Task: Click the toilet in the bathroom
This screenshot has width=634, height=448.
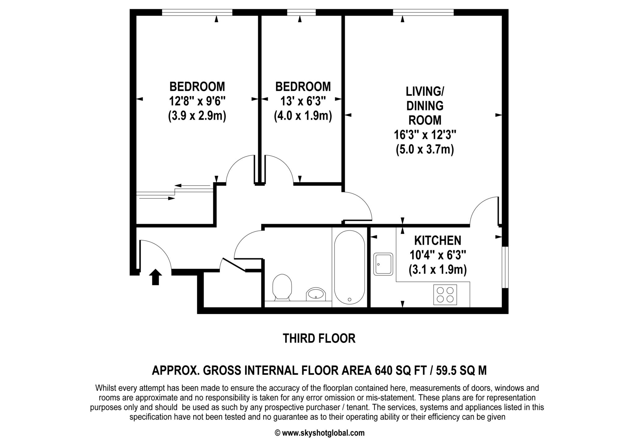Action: (282, 286)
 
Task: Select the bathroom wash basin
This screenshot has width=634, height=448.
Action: (316, 294)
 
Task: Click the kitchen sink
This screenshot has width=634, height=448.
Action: (383, 264)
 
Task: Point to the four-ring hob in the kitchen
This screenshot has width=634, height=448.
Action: (445, 295)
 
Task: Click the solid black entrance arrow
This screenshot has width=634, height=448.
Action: (155, 277)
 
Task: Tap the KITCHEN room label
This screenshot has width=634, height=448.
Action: (438, 240)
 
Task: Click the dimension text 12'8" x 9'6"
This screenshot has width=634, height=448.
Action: (197, 101)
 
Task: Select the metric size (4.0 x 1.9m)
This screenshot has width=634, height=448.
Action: (303, 116)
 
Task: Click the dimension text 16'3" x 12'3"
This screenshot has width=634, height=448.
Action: (425, 135)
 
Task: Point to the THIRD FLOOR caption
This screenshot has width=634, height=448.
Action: (319, 338)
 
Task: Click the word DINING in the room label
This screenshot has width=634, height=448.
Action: (425, 106)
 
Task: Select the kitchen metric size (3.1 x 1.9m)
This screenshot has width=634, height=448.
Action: (438, 270)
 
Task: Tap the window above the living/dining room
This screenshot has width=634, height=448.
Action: (423, 12)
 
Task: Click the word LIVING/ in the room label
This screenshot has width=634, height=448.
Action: (425, 92)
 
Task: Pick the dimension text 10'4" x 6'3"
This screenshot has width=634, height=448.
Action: (438, 255)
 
